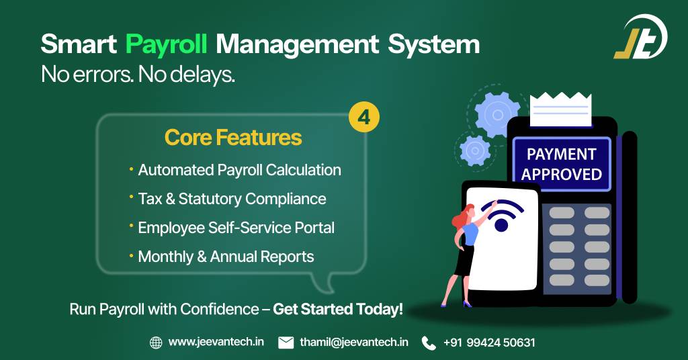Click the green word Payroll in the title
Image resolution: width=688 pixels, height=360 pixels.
167,45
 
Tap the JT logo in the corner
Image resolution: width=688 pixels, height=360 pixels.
641,36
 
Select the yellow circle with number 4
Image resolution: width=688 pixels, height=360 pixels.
364,118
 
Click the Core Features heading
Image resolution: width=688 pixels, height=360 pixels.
232,138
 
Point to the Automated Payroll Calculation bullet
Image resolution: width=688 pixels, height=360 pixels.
239,170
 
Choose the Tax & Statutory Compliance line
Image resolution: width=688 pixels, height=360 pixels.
232,199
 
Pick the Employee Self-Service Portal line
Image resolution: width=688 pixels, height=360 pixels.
236,228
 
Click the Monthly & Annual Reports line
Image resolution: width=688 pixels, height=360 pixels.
226,257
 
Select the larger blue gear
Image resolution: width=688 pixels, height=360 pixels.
498,114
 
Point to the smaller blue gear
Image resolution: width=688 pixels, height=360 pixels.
474,148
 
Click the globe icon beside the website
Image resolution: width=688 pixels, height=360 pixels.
156,343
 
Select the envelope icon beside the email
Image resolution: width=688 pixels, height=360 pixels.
286,343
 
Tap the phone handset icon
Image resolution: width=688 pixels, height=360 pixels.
429,343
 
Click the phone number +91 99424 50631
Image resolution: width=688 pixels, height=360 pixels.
489,343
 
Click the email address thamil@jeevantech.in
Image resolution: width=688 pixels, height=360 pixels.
354,343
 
